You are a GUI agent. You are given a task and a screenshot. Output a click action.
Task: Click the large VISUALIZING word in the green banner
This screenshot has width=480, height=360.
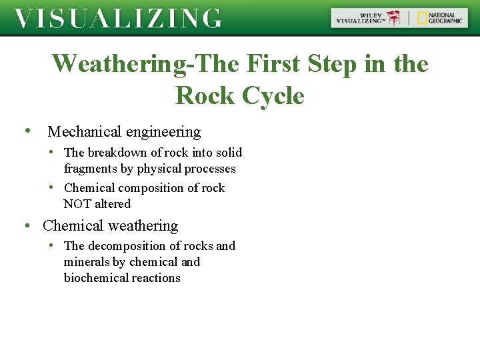118,18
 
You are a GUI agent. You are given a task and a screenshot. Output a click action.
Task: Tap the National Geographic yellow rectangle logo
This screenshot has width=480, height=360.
422,18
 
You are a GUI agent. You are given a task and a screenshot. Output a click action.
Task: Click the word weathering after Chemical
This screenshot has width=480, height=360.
143,226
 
